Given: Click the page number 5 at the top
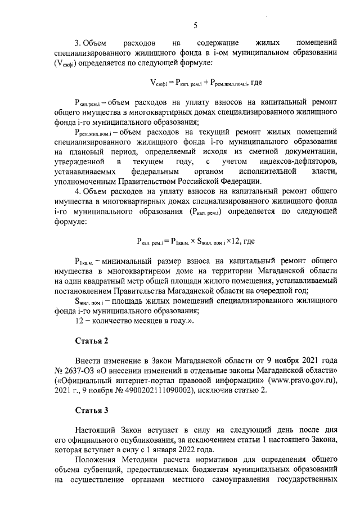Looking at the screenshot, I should [195, 25].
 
